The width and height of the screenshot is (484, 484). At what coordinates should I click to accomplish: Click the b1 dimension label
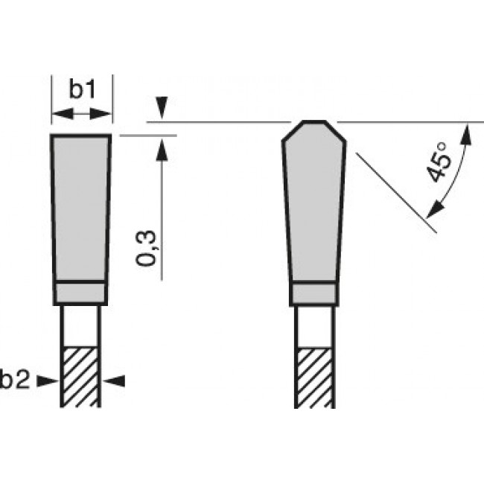(x=81, y=90)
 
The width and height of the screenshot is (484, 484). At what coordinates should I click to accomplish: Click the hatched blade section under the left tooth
(x=80, y=377)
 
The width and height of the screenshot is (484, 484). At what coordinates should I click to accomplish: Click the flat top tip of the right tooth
(x=313, y=121)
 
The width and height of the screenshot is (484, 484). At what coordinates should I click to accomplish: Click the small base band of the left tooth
(x=81, y=293)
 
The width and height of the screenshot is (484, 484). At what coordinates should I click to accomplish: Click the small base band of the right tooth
(x=313, y=293)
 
